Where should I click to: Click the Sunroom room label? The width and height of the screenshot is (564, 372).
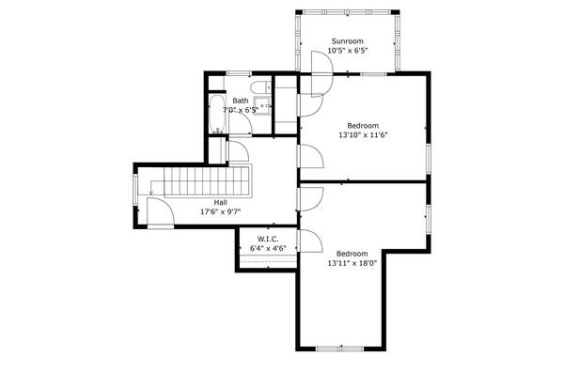tap(347, 41)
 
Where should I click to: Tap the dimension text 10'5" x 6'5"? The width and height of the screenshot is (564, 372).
tap(347, 51)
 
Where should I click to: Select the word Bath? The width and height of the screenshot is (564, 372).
tap(241, 101)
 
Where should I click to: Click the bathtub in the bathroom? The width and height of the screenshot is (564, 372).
tap(215, 115)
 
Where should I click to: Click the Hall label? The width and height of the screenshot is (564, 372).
tap(220, 202)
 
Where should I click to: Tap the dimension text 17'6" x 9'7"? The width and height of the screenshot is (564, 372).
tap(220, 211)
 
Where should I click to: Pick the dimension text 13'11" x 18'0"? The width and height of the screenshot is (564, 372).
tap(352, 263)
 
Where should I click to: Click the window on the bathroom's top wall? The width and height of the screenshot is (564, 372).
tap(240, 72)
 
